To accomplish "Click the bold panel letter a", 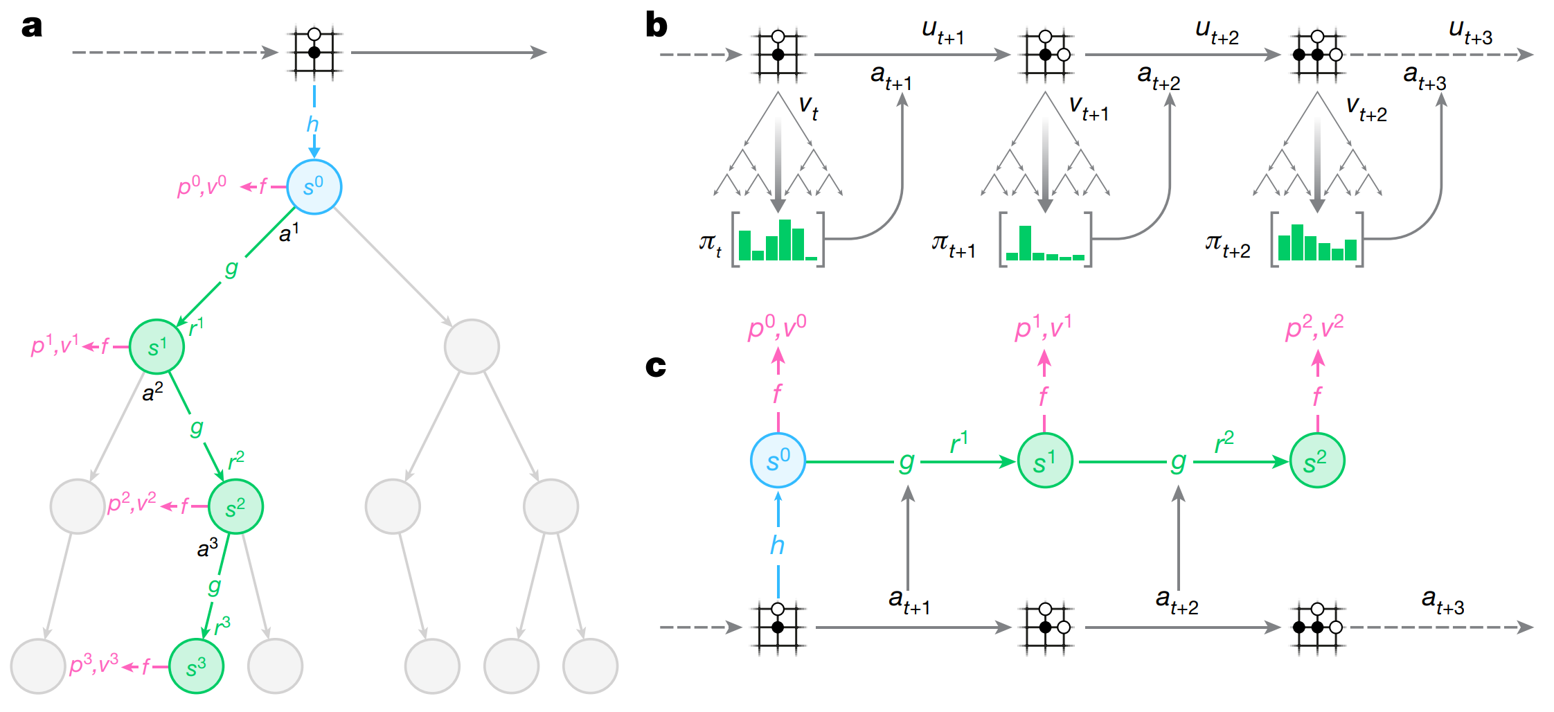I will (x=32, y=26).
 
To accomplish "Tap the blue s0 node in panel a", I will (x=314, y=187).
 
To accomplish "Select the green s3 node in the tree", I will (x=196, y=666).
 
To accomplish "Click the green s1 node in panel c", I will (x=1045, y=461).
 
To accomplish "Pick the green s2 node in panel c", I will (x=1316, y=461).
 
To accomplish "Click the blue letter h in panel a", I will (x=313, y=125).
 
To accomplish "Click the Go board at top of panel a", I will (x=314, y=52).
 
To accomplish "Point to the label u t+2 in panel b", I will (x=1217, y=32).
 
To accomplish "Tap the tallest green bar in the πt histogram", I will (x=785, y=240).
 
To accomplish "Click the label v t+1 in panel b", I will (x=1088, y=108).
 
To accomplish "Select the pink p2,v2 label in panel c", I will (x=1314, y=327).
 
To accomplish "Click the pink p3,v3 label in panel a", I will (x=94, y=665).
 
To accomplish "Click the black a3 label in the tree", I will (x=207, y=549).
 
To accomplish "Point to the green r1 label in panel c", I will (x=958, y=442).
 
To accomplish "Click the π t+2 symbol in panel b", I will (x=1227, y=245).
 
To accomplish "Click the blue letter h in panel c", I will (x=777, y=546).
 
